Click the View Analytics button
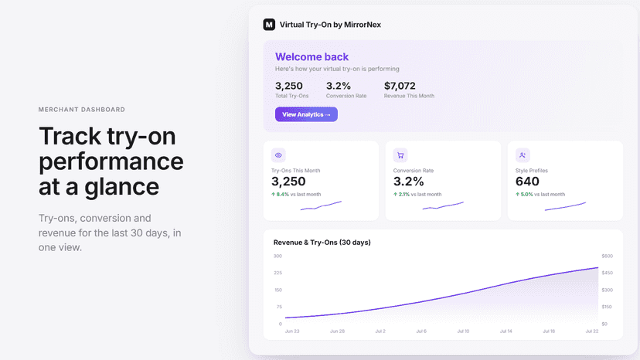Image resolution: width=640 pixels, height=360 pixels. pyautogui.click(x=306, y=114)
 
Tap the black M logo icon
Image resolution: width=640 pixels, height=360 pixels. pyautogui.click(x=269, y=25)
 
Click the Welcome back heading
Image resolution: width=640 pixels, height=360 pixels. pyautogui.click(x=311, y=56)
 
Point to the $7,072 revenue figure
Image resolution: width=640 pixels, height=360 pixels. pyautogui.click(x=400, y=86)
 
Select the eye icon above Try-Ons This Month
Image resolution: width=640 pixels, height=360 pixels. pyautogui.click(x=278, y=155)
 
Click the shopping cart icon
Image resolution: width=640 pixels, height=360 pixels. pyautogui.click(x=400, y=155)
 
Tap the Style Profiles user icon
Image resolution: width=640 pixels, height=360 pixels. pyautogui.click(x=523, y=155)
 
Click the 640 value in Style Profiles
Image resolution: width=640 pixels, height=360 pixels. pyautogui.click(x=527, y=182)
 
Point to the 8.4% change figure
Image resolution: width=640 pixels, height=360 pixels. pyautogui.click(x=282, y=194)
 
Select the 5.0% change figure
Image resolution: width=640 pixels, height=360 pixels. pyautogui.click(x=526, y=194)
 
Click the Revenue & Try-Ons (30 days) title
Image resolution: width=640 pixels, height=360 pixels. pyautogui.click(x=322, y=243)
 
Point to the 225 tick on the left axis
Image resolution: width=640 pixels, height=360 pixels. pyautogui.click(x=278, y=273)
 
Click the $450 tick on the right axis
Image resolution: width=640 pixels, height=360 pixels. pyautogui.click(x=608, y=273)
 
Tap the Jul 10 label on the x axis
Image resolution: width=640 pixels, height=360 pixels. pyautogui.click(x=463, y=331)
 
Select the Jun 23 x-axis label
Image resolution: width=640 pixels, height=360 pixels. pyautogui.click(x=292, y=331)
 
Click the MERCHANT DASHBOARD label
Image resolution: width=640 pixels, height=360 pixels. pyautogui.click(x=82, y=110)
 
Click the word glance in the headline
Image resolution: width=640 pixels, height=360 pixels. pyautogui.click(x=121, y=188)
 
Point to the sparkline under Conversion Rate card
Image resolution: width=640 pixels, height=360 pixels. pyautogui.click(x=443, y=205)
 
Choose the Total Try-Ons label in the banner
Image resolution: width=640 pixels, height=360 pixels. pyautogui.click(x=292, y=96)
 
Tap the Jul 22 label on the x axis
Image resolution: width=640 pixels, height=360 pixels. pyautogui.click(x=592, y=331)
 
